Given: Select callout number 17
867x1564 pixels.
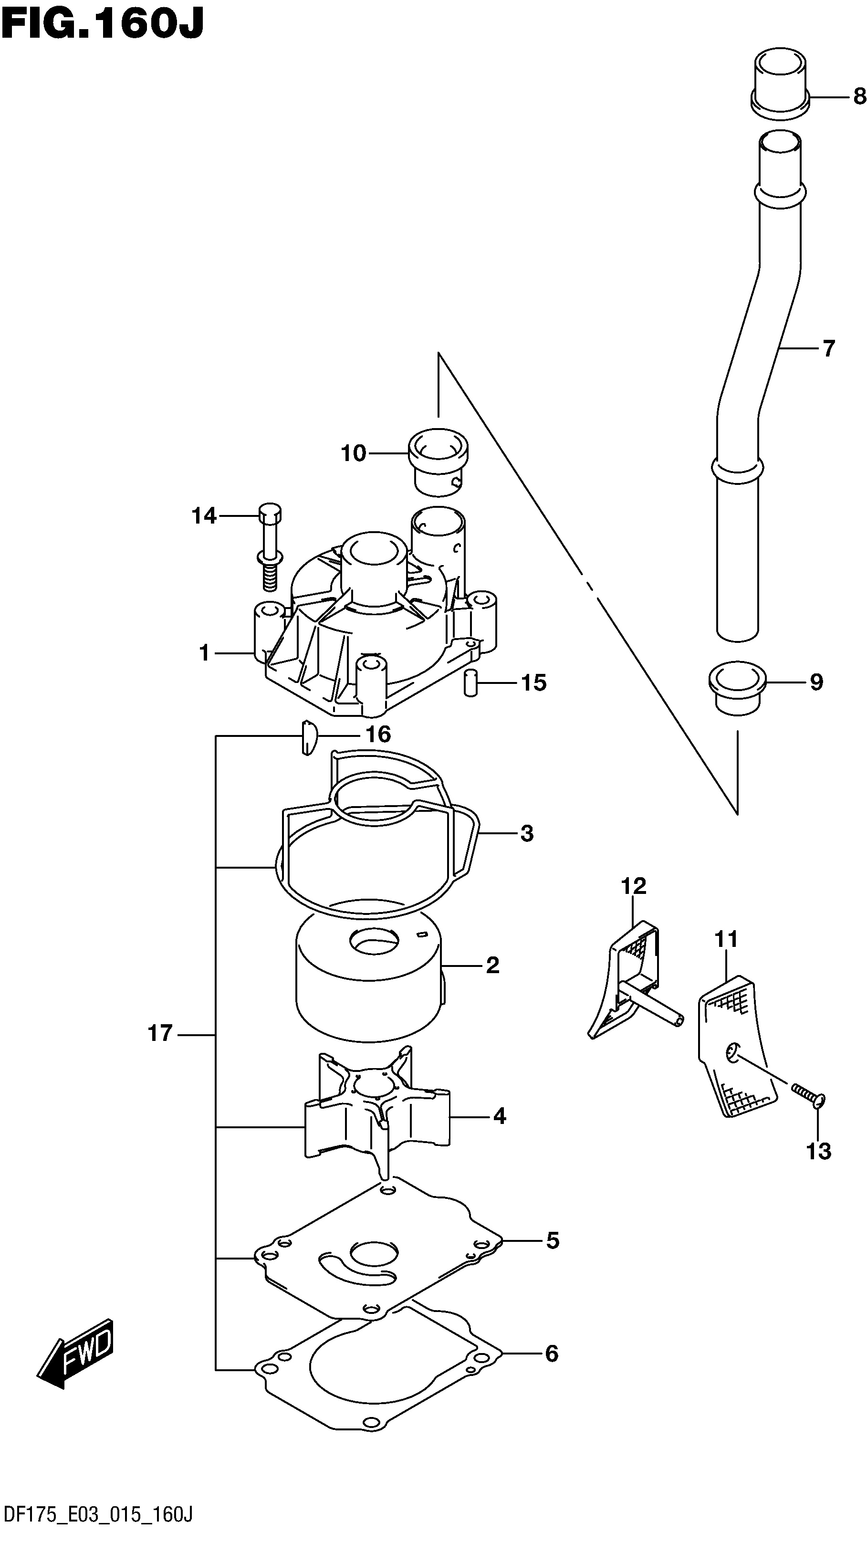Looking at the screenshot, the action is [x=160, y=1033].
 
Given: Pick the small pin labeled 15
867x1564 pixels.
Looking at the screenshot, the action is [x=470, y=683].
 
